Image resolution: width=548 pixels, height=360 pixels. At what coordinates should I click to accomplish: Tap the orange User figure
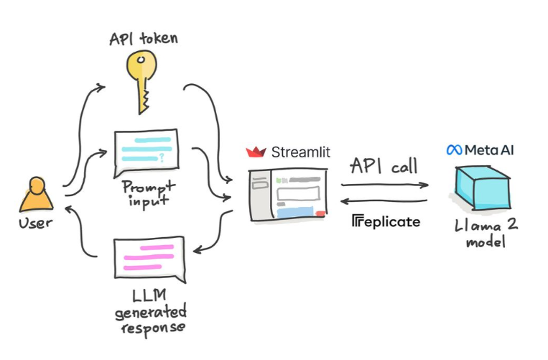click(37, 195)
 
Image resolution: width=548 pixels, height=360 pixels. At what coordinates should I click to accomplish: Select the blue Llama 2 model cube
click(483, 188)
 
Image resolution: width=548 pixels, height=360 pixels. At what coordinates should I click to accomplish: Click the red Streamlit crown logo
click(256, 152)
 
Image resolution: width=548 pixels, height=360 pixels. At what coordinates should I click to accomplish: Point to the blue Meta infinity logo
click(455, 150)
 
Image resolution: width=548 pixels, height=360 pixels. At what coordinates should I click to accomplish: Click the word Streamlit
click(300, 152)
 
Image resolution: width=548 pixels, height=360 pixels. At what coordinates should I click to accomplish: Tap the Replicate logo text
click(386, 221)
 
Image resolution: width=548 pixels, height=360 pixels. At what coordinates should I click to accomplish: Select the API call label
click(384, 166)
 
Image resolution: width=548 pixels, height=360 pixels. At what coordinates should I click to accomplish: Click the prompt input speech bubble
click(146, 153)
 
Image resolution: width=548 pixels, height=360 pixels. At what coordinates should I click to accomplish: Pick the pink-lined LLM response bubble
click(149, 259)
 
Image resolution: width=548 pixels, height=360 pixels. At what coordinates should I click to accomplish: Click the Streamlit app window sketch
click(288, 195)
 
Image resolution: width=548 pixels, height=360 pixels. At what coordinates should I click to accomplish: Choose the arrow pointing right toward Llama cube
click(385, 185)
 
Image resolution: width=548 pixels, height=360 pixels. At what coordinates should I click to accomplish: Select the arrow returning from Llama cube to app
click(384, 201)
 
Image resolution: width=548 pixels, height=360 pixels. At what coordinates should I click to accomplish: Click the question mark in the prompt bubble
click(162, 157)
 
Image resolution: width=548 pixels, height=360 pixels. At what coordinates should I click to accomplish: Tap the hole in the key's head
click(141, 60)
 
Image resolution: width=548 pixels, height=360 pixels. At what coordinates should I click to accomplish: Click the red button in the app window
click(320, 213)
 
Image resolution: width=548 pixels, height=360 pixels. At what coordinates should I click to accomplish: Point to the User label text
click(36, 223)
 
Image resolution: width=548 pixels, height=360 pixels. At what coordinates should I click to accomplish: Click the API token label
click(144, 38)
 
